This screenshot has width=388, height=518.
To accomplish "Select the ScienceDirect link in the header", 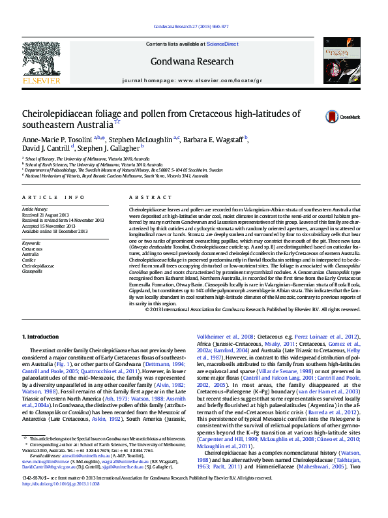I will click(222, 43).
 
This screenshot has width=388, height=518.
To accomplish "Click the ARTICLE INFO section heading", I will click(53, 196).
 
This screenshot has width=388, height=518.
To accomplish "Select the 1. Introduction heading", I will click(40, 336).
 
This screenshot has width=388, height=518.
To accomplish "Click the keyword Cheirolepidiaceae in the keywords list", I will click(39, 266).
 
